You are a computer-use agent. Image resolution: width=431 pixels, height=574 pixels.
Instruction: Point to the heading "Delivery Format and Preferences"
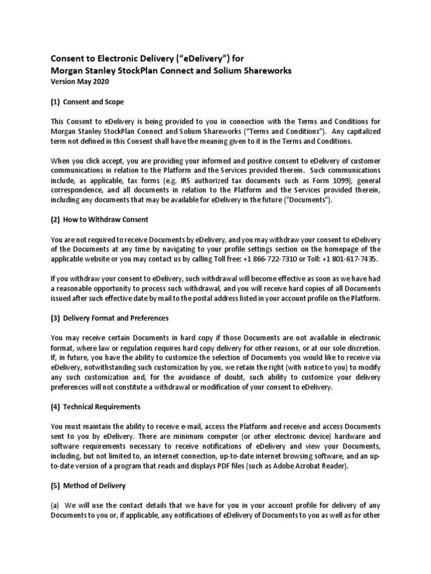click(120, 318)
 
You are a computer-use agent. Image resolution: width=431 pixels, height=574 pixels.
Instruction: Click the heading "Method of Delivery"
click(94, 485)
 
